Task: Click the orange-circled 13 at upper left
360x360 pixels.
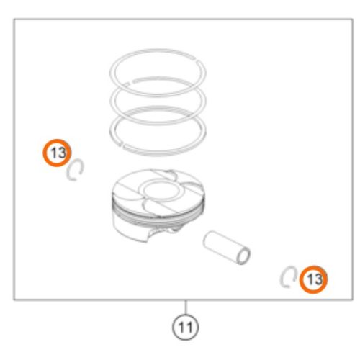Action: [57, 153]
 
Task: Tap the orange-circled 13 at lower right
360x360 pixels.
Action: [313, 279]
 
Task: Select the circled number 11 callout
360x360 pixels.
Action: [185, 327]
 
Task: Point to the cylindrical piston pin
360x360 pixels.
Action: [227, 248]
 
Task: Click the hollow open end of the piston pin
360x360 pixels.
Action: [243, 256]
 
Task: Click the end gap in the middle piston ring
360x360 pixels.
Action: [129, 84]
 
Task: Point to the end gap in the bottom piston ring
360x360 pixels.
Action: [121, 144]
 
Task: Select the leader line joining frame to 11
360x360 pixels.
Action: [185, 307]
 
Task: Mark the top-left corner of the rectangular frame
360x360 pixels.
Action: [14, 19]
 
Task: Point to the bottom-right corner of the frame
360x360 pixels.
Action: [353, 300]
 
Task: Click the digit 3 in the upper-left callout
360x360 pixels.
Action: [61, 153]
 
